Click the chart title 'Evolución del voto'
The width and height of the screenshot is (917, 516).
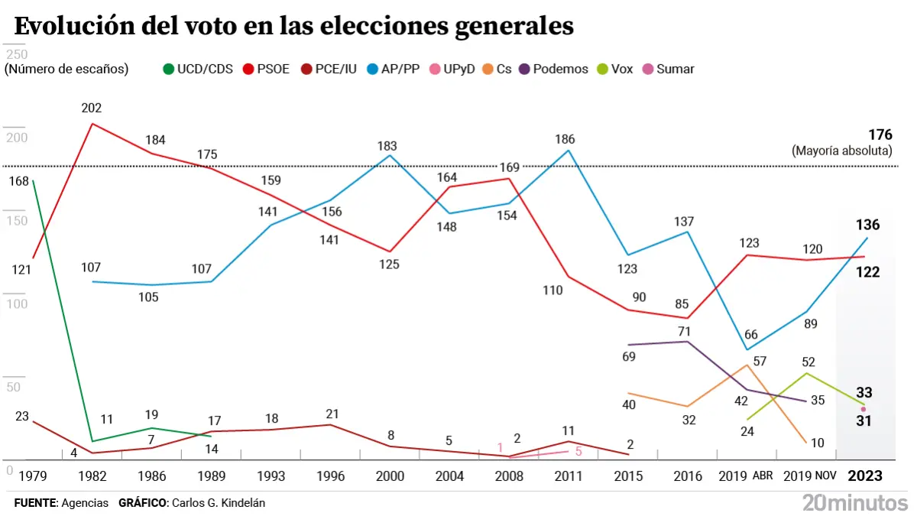pyautogui.click(x=293, y=27)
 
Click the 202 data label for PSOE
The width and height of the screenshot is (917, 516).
pyautogui.click(x=92, y=108)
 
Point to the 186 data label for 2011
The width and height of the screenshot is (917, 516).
pyautogui.click(x=565, y=139)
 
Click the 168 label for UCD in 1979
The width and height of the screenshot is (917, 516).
pyautogui.click(x=18, y=181)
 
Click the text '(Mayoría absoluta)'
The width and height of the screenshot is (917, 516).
pyautogui.click(x=842, y=151)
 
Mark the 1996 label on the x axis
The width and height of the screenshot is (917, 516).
pyautogui.click(x=330, y=475)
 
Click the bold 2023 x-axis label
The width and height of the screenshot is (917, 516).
pyautogui.click(x=866, y=475)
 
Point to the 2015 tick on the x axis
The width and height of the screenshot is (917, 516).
pyautogui.click(x=628, y=475)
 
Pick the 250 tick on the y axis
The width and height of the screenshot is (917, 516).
pyautogui.click(x=16, y=55)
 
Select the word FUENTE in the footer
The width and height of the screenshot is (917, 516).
pyautogui.click(x=35, y=503)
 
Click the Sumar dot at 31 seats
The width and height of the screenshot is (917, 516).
pyautogui.click(x=864, y=409)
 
